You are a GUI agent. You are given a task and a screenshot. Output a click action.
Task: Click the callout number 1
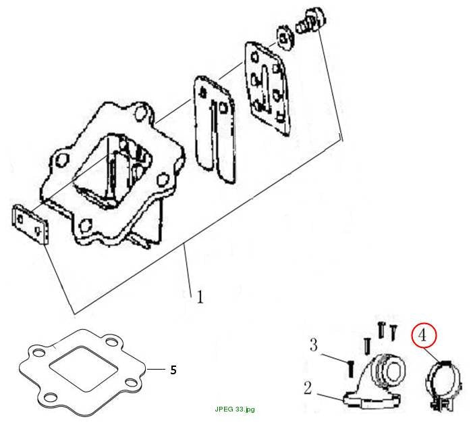tap(200, 296)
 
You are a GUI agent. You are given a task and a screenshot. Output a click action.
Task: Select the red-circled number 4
tap(423, 335)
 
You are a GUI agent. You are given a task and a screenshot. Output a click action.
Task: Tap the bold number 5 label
tap(173, 370)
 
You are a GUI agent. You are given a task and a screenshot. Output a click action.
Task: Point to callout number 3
tap(314, 345)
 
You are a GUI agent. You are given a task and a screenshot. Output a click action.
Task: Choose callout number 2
tap(308, 388)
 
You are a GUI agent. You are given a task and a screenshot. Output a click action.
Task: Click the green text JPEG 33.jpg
tap(235, 409)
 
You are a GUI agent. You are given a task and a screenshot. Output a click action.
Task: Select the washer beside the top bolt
tap(284, 38)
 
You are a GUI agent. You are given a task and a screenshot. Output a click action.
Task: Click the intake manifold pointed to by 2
tap(375, 380)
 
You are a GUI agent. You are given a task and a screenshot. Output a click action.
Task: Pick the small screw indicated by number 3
tap(350, 369)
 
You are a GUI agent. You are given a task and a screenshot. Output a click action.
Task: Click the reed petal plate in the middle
tap(215, 129)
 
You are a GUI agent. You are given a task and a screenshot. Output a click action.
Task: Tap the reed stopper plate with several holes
tap(268, 89)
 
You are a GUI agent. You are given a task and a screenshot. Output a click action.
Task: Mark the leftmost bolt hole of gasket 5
tap(39, 353)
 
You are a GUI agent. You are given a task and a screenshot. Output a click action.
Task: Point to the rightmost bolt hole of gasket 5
tap(131, 382)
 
